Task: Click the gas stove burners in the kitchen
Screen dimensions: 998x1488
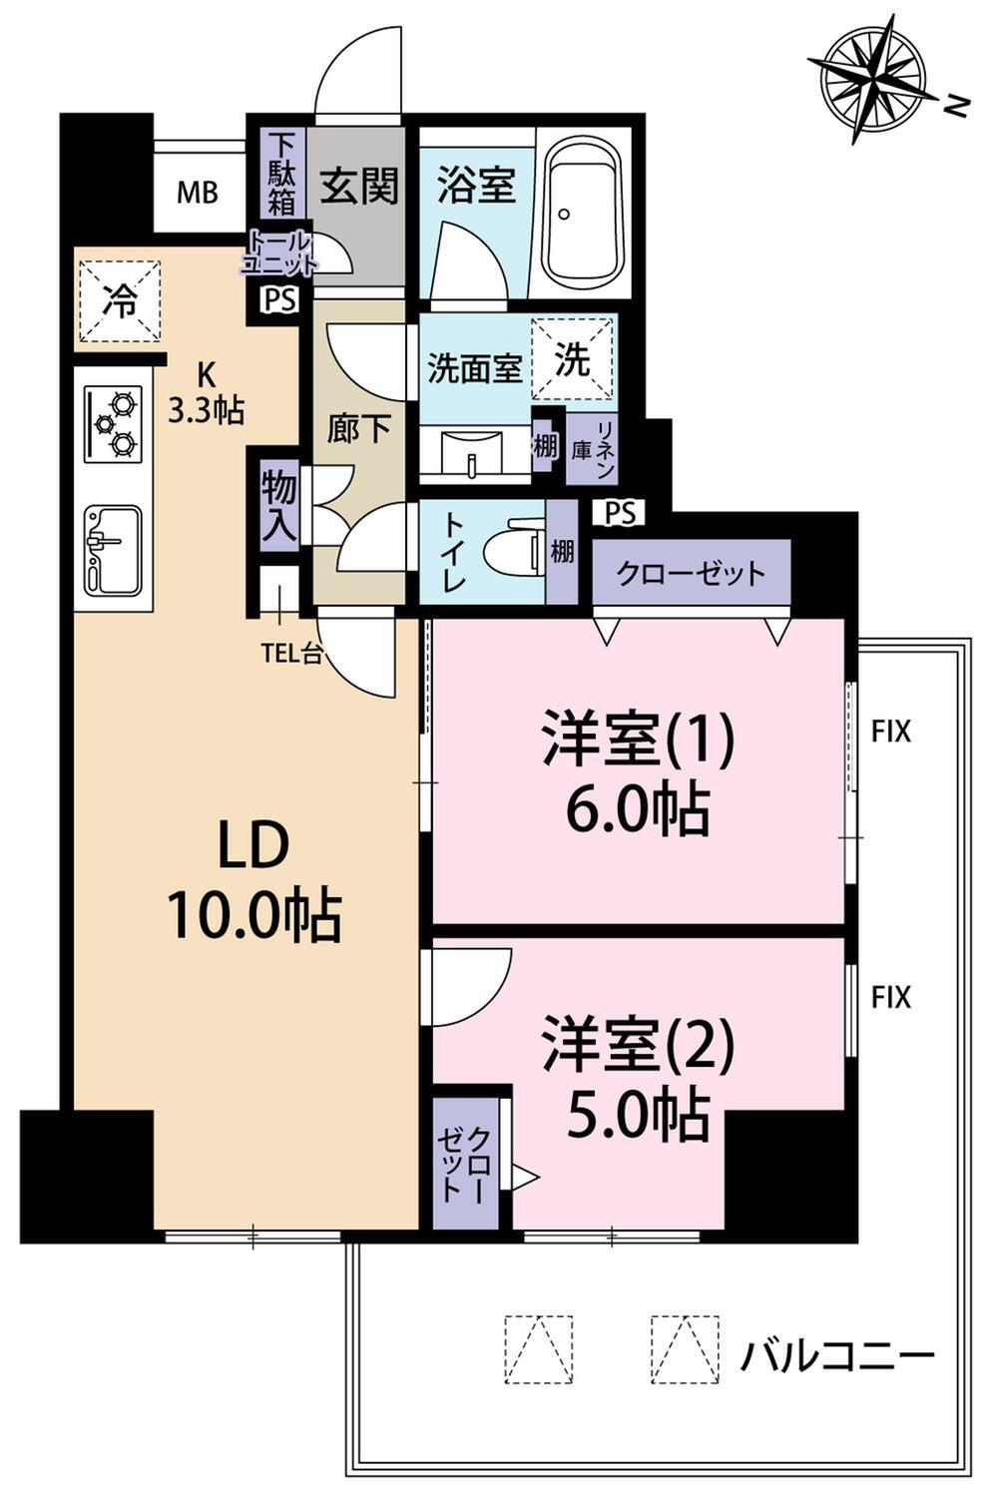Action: tap(113, 424)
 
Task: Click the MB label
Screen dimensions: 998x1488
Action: tap(198, 194)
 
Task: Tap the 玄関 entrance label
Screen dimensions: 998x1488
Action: tap(359, 186)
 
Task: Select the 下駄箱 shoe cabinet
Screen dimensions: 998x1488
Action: tap(281, 174)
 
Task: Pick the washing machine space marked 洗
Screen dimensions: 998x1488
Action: tap(571, 358)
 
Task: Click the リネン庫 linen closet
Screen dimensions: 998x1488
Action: tap(593, 449)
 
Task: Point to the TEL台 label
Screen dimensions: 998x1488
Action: tap(291, 655)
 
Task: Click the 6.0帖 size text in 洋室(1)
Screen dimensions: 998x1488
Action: tap(638, 809)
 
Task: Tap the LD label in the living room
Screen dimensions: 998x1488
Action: tap(254, 844)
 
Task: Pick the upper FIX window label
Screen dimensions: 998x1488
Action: tap(890, 732)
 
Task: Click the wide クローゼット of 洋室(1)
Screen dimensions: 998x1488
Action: tap(691, 572)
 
